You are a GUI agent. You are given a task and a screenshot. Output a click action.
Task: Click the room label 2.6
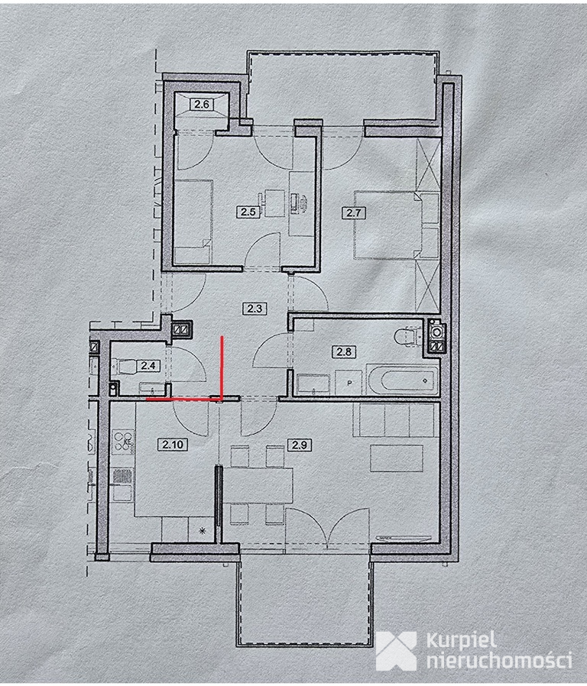click(201, 105)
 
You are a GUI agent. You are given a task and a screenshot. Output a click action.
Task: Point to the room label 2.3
click(254, 309)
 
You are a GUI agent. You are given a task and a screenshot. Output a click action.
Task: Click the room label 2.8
click(344, 351)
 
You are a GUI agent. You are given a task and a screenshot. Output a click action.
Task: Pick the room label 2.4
click(148, 365)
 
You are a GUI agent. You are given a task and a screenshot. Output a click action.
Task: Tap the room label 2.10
click(173, 445)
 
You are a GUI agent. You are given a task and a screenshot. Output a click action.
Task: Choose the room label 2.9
click(299, 445)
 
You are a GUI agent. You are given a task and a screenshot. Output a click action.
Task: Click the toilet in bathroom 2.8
click(407, 337)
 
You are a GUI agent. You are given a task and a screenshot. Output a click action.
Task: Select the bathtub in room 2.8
click(402, 380)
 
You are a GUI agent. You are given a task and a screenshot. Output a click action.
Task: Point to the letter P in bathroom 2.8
click(349, 383)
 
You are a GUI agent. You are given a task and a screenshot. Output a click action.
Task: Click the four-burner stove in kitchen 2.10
click(123, 442)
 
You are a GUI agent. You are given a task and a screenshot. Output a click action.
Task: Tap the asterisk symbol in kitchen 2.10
click(203, 531)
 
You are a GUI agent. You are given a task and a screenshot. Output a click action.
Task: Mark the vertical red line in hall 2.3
click(222, 368)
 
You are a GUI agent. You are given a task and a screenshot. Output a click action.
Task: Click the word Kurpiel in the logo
click(461, 641)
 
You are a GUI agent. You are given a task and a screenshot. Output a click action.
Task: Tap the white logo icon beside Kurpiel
click(396, 651)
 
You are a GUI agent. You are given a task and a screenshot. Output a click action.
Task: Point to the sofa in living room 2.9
click(395, 420)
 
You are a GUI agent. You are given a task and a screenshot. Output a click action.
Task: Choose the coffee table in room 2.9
click(397, 458)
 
